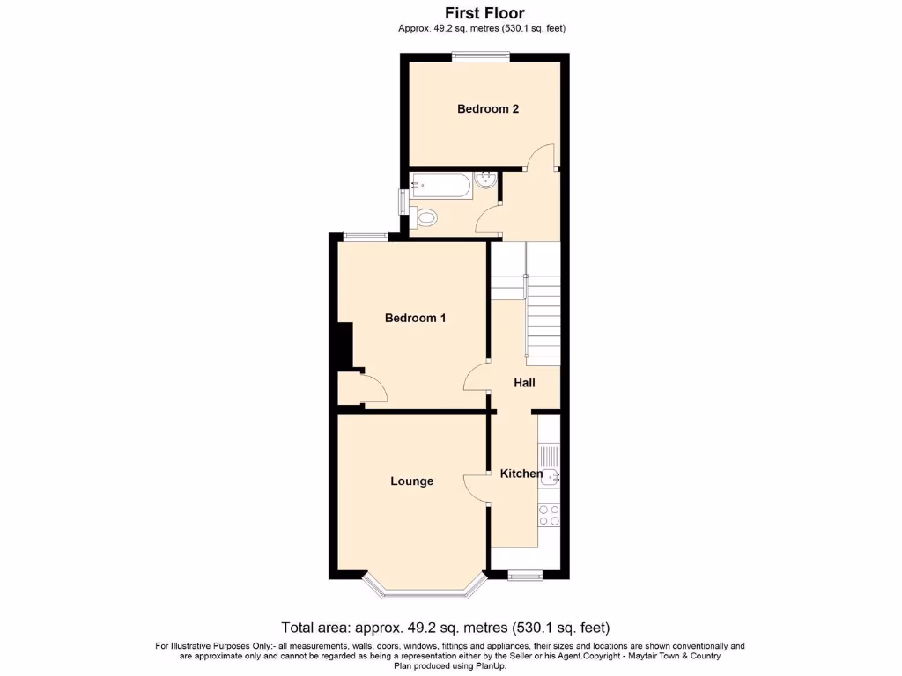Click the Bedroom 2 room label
487,109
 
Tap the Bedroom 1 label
415,318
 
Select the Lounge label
412,481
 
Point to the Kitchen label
521,474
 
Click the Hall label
524,383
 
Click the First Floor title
484,13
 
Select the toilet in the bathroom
425,216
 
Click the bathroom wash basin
484,182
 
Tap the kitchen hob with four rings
550,514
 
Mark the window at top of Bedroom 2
481,57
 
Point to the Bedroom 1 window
366,234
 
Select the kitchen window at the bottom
526,576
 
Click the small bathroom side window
403,202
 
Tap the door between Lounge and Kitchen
477,488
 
